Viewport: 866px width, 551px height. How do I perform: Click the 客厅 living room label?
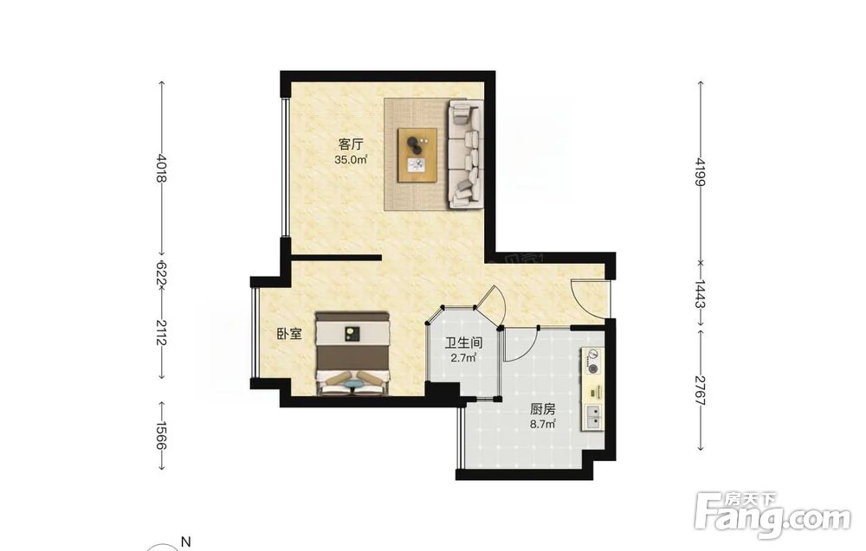[x=351, y=144]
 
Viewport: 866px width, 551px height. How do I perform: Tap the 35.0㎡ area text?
[x=351, y=160]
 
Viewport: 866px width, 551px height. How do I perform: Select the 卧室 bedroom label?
[x=289, y=334]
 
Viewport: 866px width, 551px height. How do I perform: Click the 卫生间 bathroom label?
[x=464, y=343]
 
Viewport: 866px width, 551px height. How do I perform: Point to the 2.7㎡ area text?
[x=464, y=358]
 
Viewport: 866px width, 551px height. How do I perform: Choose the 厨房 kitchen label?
[x=542, y=409]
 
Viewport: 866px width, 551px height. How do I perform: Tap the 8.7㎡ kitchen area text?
[x=542, y=424]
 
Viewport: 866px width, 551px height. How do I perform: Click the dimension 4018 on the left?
[x=161, y=168]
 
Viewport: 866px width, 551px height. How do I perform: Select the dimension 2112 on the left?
[x=161, y=332]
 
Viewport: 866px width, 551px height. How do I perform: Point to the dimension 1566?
[x=161, y=435]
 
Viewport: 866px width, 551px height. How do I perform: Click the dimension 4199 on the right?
[x=701, y=172]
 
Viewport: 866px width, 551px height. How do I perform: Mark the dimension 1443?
[x=701, y=294]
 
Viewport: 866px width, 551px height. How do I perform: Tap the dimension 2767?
[x=701, y=390]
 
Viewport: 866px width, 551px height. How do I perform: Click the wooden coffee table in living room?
[x=417, y=155]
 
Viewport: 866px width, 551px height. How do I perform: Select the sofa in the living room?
[x=466, y=154]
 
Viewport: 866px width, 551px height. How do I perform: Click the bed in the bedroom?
[x=352, y=354]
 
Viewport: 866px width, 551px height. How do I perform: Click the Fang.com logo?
[x=773, y=514]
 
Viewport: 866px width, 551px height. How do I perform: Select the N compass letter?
[x=186, y=541]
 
